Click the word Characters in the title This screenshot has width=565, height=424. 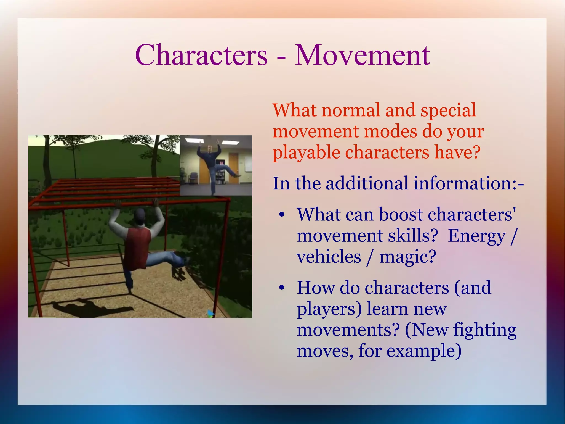pos(201,55)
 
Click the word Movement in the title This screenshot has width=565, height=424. pos(362,55)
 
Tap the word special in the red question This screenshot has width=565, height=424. pos(448,110)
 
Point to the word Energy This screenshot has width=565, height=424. pos(477,236)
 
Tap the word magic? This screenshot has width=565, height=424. pos(408,257)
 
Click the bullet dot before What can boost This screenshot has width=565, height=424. pos(281,215)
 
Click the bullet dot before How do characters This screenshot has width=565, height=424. pos(281,288)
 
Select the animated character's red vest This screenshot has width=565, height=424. pos(137,246)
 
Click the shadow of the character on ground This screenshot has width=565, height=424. pos(91,307)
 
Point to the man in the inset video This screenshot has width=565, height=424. pos(213,163)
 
